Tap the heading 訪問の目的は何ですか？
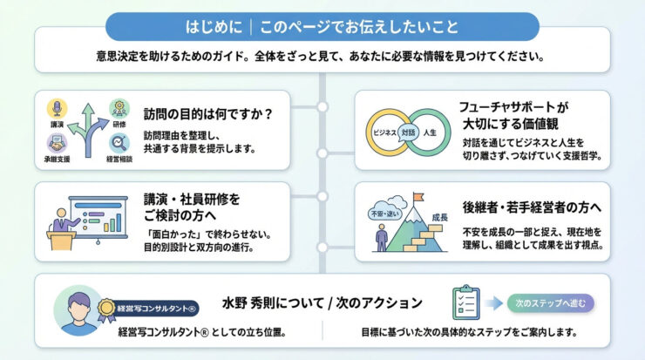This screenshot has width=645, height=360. point(208,113)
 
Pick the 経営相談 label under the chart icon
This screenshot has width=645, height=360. point(119,160)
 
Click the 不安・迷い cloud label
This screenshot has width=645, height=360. point(381,212)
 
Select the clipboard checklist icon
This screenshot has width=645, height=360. point(468,303)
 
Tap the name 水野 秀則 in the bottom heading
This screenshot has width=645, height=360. point(251,303)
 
